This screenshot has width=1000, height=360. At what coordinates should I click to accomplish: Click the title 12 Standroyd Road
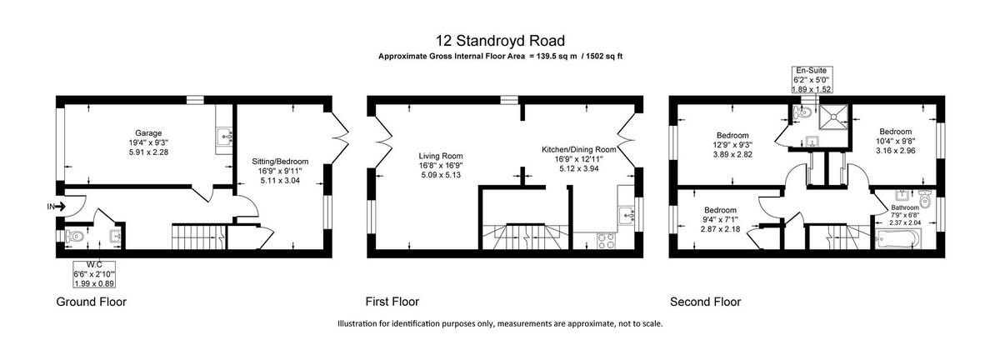pyautogui.click(x=500, y=41)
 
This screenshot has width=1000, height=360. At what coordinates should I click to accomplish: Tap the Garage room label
pyautogui.click(x=148, y=133)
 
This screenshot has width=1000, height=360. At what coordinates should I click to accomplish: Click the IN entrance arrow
pyautogui.click(x=57, y=207)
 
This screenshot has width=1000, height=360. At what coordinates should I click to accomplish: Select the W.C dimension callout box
pyautogui.click(x=93, y=274)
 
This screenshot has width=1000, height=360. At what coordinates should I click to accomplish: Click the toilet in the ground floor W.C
pyautogui.click(x=74, y=236)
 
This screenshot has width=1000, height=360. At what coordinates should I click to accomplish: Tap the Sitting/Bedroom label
pyautogui.click(x=280, y=162)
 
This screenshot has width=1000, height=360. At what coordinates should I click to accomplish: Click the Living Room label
pyautogui.click(x=441, y=156)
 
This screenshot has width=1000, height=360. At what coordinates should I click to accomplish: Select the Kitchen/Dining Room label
pyautogui.click(x=579, y=150)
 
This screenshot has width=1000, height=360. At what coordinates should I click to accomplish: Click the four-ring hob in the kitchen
pyautogui.click(x=607, y=241)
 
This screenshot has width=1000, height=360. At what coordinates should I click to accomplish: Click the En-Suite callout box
pyautogui.click(x=812, y=80)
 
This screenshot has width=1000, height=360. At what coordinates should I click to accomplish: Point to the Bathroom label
pyautogui.click(x=905, y=207)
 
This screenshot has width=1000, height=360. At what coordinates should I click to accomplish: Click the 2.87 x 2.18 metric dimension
pyautogui.click(x=720, y=228)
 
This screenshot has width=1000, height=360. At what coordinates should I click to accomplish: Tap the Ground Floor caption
pyautogui.click(x=92, y=302)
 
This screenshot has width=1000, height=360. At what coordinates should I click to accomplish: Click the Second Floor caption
pyautogui.click(x=705, y=302)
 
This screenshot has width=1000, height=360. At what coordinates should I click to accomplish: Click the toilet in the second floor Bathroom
pyautogui.click(x=925, y=199)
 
